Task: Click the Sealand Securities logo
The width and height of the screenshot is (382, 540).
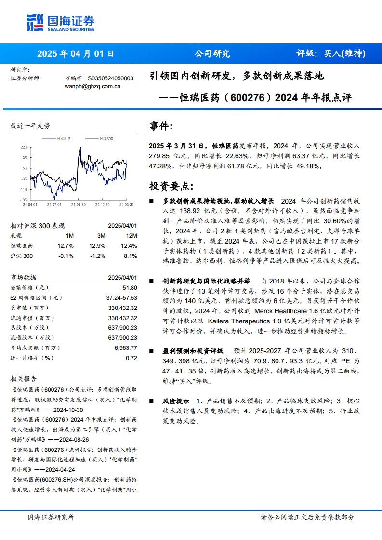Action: click(60, 23)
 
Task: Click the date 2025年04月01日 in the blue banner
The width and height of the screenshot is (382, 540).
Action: click(76, 54)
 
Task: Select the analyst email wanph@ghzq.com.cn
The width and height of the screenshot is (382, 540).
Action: click(92, 86)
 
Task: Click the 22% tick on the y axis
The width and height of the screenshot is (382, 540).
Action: click(24, 147)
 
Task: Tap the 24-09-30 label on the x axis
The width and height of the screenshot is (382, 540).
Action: click(78, 204)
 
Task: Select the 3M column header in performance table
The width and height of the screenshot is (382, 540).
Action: click(101, 236)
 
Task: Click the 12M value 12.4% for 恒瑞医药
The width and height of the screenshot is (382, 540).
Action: click(129, 246)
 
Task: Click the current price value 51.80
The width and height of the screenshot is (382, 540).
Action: click(130, 287)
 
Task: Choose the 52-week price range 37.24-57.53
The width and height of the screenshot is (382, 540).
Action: click(121, 298)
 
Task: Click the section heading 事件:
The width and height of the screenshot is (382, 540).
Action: click(160, 126)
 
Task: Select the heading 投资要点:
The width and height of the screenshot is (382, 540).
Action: click(171, 186)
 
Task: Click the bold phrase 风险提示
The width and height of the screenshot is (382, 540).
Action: click(176, 400)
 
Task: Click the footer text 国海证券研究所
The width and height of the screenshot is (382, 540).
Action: click(51, 517)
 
